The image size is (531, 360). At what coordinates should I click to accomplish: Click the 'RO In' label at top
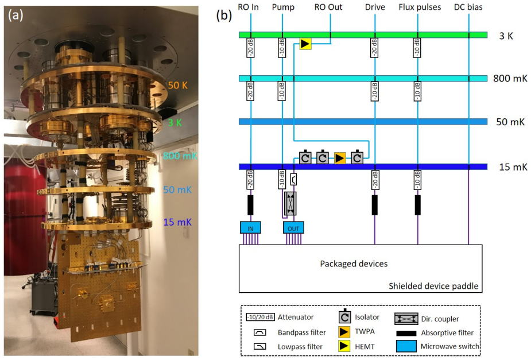248,7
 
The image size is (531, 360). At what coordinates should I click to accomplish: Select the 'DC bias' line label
468,7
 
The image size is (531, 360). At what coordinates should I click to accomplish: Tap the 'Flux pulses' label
420,7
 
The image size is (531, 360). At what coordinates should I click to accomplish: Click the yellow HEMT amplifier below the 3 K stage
305,44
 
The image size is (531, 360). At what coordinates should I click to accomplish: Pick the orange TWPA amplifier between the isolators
340,158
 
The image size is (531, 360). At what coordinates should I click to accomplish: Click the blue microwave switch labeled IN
250,228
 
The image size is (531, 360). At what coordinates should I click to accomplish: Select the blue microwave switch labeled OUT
293,228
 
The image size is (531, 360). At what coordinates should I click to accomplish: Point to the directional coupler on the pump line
290,203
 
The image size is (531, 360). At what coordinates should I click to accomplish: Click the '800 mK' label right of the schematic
510,78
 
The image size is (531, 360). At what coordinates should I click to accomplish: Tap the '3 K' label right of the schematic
506,36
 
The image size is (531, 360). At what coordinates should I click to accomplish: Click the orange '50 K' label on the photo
177,85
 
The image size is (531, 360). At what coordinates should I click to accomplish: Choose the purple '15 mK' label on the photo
177,222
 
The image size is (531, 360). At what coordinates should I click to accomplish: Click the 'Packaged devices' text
354,264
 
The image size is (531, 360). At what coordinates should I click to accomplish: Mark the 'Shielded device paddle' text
433,286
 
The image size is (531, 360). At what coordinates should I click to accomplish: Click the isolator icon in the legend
345,316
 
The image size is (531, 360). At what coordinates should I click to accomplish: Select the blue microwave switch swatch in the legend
406,346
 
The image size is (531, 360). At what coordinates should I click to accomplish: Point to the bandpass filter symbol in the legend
259,332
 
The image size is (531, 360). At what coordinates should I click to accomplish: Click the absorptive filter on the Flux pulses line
417,205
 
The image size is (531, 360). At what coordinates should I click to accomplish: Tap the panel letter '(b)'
224,16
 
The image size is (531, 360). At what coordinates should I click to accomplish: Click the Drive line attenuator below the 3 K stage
374,48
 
